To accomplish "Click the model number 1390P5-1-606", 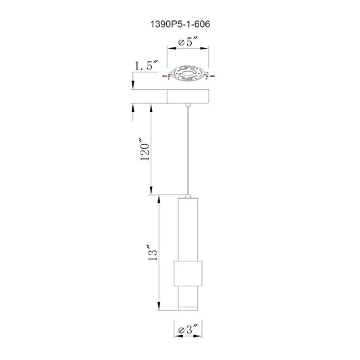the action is coord(180,24).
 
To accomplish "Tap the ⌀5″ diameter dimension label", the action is coord(188,42).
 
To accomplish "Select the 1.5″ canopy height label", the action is coord(146,66).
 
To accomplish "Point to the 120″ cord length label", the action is coord(145,149).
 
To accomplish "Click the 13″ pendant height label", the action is coord(153,253).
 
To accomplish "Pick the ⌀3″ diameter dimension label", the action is coord(188,330).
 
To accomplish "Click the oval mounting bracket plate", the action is coord(188,74).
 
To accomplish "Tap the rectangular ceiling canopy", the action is coord(188,97).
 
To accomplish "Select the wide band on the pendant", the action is coord(188,274).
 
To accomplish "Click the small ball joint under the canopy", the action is coord(188,105).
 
